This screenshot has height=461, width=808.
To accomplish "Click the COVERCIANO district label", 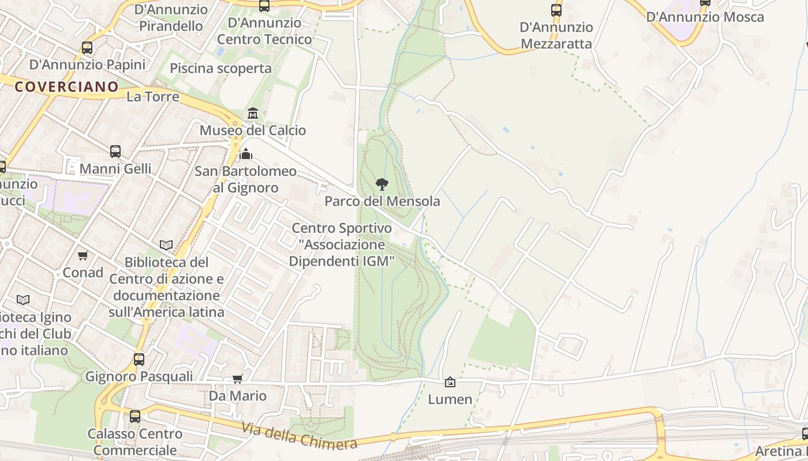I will tap(66, 87).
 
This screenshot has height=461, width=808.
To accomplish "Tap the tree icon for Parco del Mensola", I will tap(381, 184).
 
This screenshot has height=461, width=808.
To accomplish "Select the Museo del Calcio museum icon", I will tap(253, 113).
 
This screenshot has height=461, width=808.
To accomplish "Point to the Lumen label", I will tap(450, 399).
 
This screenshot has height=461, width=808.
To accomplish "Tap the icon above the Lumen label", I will tap(450, 382).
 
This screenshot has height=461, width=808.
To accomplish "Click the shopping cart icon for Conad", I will tap(83, 255).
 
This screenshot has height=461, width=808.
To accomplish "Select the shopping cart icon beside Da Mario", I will tap(237, 379).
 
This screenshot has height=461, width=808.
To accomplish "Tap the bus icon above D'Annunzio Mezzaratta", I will tap(556, 10).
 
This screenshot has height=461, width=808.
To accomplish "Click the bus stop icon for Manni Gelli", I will tap(115, 152).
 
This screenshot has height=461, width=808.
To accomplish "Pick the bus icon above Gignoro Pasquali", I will tap(139, 360).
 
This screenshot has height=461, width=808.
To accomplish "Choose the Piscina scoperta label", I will tap(220, 68).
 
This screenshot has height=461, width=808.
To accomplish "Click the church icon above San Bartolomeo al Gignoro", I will tap(246, 154).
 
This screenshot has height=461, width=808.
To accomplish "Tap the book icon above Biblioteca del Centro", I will tap(166, 245).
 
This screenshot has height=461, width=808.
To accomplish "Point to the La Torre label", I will tap(153, 96).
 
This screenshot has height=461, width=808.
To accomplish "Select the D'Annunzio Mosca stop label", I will tap(705, 17).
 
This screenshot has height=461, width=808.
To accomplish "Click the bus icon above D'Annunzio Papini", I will tap(87, 48).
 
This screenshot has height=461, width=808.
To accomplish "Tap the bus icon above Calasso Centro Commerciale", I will tap(135, 416).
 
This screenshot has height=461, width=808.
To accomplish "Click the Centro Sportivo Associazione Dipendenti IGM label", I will tap(342, 244).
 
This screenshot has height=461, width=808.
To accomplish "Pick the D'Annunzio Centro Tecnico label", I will tap(264, 31).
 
